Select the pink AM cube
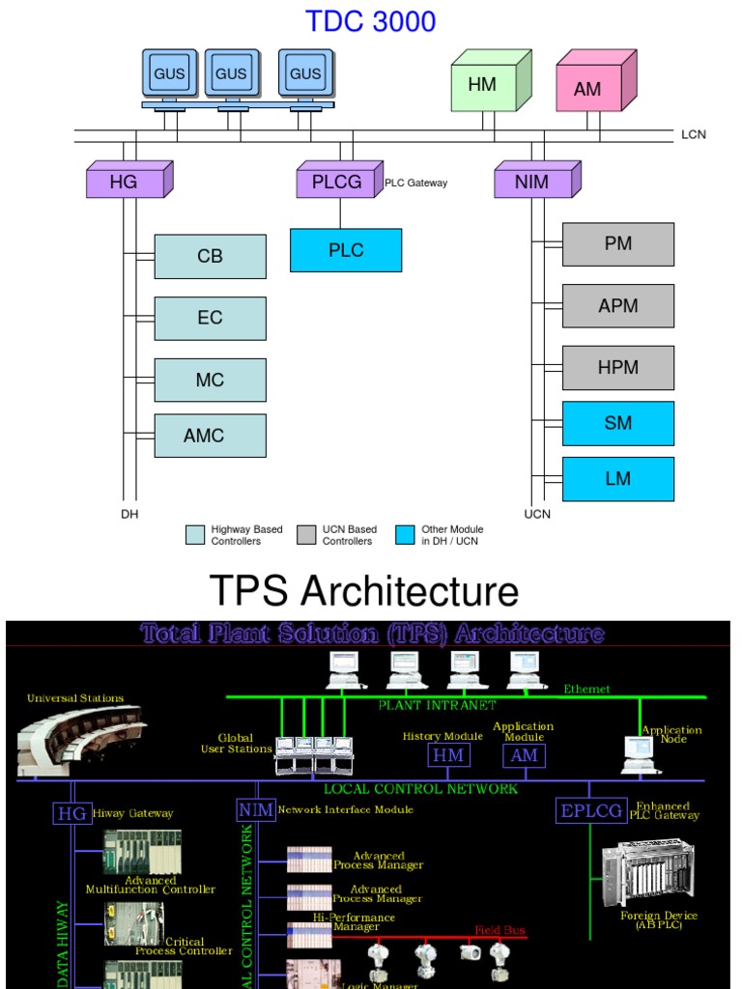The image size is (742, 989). click(589, 88)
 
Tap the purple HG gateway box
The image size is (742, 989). click(126, 182)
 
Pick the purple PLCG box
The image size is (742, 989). click(336, 182)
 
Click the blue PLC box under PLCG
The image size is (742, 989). click(346, 250)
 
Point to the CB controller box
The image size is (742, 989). click(210, 256)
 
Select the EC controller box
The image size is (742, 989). click(210, 318)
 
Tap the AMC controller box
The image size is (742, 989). click(210, 436)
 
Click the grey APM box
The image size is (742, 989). click(618, 306)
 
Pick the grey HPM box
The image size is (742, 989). click(618, 368)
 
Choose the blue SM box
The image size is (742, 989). click(618, 423)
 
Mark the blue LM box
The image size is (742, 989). click(618, 479)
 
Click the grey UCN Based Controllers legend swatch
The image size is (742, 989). click(306, 535)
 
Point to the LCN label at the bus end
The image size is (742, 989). click(694, 134)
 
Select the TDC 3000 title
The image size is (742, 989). click(371, 21)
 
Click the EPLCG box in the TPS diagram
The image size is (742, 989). click(591, 811)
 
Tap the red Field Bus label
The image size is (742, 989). click(499, 930)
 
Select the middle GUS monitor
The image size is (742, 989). click(231, 73)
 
